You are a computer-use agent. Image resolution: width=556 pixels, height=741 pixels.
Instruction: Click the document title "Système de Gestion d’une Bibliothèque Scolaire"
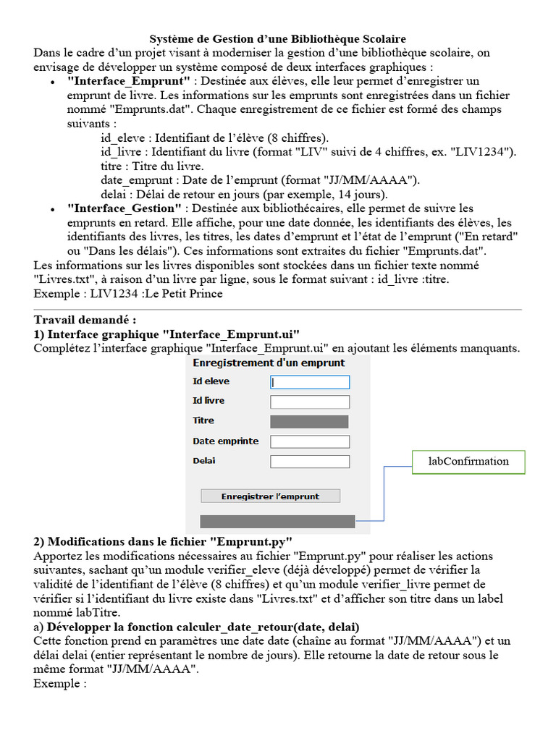[x=277, y=39]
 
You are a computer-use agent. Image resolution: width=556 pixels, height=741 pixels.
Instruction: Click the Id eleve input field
[x=310, y=382]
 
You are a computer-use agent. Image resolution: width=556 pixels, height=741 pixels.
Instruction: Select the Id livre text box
[x=310, y=402]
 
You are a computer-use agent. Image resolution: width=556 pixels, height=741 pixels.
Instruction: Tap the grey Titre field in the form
[x=309, y=421]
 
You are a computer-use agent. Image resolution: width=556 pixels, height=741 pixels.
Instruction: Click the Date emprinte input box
[x=310, y=441]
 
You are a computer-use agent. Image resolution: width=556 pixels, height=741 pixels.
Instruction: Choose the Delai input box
[x=310, y=461]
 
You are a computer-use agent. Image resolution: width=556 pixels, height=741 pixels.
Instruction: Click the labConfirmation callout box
[x=468, y=462]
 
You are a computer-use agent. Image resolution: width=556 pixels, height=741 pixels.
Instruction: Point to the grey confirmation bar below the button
[x=277, y=521]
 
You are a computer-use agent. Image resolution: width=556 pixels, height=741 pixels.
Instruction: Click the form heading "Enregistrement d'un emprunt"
[x=269, y=363]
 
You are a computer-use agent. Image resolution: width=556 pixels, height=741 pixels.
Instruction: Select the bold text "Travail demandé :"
[x=85, y=320]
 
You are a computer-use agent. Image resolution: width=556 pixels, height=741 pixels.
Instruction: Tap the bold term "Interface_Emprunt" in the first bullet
[x=128, y=81]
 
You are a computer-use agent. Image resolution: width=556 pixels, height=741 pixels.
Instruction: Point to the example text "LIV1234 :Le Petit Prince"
[x=156, y=294]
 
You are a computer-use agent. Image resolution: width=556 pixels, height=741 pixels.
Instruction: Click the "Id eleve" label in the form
[x=211, y=381]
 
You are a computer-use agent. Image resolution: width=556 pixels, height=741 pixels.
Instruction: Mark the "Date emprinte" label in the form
[x=225, y=441]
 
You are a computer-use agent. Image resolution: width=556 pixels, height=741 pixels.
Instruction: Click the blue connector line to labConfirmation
[x=384, y=492]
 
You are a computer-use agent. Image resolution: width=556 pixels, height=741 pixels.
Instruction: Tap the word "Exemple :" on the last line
[x=60, y=683]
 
